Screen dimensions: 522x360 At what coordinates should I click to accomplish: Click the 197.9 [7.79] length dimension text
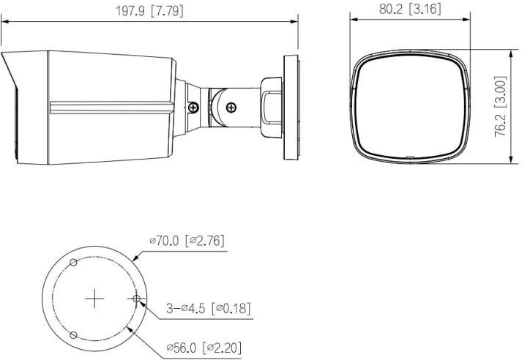tap(149, 11)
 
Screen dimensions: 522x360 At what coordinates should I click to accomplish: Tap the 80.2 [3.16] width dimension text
tap(410, 9)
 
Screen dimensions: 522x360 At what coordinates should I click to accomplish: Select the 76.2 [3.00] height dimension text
tap(501, 107)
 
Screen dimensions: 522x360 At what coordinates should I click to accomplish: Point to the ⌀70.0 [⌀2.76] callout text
tap(187, 241)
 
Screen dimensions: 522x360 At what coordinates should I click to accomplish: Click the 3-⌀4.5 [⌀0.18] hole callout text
tap(208, 308)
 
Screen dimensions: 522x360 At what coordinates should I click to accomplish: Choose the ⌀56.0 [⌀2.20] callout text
tap(204, 348)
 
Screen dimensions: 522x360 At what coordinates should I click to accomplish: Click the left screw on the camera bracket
tap(193, 107)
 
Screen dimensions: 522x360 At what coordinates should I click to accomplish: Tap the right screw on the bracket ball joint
tap(231, 107)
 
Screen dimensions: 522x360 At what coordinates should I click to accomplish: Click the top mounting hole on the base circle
tap(73, 262)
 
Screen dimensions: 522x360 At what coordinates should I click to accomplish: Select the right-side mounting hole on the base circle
tap(136, 299)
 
